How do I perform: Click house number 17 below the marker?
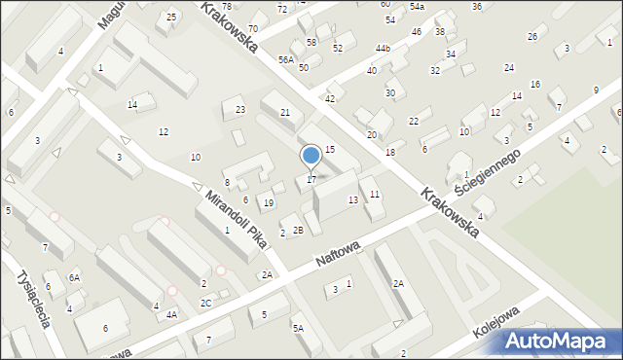[311, 179]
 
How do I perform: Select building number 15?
[330, 149]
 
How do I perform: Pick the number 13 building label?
[353, 199]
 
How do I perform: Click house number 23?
[240, 109]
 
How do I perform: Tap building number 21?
[285, 113]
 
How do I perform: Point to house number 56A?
[285, 59]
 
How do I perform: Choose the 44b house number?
[383, 48]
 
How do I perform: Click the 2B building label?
[298, 230]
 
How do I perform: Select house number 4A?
[171, 314]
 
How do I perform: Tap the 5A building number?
[298, 329]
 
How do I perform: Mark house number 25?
[172, 17]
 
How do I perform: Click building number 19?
[269, 202]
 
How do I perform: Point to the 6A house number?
[74, 277]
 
